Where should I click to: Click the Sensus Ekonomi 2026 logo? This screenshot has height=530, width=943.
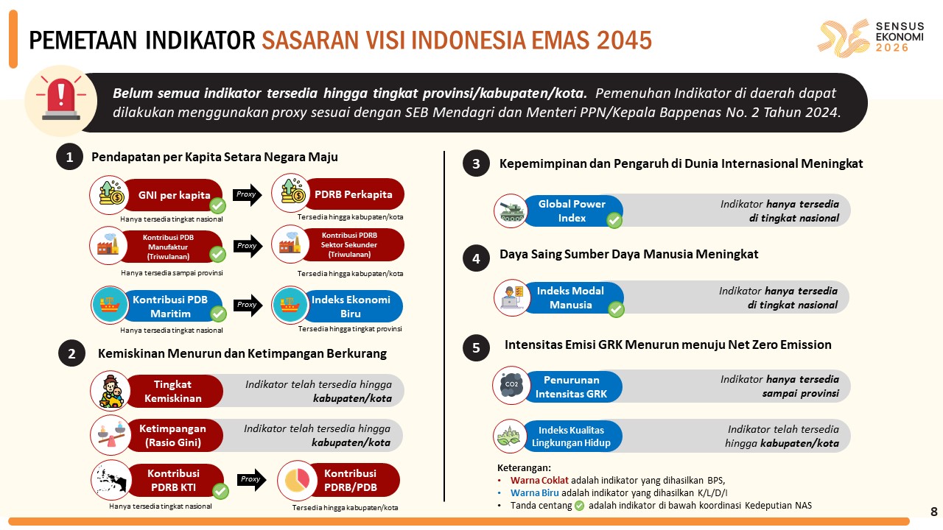pos(871,38)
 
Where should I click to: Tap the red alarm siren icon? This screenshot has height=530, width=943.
pos(61,99)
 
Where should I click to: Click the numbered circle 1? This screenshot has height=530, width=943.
pos(69,157)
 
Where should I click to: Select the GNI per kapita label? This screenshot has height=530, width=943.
pos(175,195)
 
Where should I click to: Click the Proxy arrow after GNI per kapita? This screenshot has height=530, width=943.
pos(247,195)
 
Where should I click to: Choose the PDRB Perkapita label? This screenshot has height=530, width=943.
pos(353,194)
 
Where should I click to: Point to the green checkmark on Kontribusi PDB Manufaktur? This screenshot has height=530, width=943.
pos(217,254)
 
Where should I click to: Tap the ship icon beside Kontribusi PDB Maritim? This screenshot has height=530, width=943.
pos(110,305)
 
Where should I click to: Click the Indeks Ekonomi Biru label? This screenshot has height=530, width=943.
pos(351,307)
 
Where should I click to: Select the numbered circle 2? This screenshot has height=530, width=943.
pos(71,353)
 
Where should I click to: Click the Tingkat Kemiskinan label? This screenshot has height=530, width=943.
pos(172,391)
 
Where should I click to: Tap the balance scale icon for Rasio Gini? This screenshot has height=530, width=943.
pos(111,435)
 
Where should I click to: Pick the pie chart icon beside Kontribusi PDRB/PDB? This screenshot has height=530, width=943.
pos(297,481)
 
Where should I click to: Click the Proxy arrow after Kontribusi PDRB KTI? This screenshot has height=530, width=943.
pos(251,479)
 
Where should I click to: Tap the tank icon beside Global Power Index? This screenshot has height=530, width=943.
pos(511,211)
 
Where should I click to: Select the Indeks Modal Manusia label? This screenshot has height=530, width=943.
pos(570,298)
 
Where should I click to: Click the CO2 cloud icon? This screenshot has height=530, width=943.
pos(512,385)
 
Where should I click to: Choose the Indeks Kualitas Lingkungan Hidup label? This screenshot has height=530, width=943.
pos(571,437)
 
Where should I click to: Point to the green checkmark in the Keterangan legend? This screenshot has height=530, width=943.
pos(579,506)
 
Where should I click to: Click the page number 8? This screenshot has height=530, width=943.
pos(934,512)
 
